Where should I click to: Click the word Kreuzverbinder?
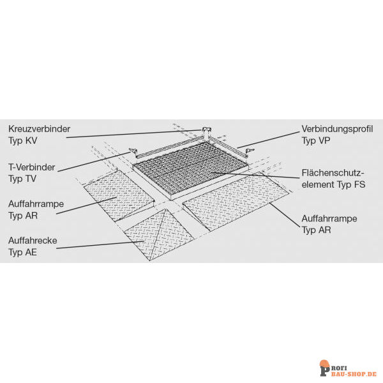(40, 129)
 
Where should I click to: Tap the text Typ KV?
(23, 140)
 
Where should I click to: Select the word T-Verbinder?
(32, 167)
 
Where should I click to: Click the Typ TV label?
(22, 179)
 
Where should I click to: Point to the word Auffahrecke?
(33, 241)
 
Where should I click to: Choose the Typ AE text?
(22, 252)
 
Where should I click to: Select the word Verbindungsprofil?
(337, 129)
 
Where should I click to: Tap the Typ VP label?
(316, 140)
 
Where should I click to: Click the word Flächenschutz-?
(333, 173)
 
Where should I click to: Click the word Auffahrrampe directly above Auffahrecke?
(36, 204)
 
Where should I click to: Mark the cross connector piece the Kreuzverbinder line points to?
(206, 131)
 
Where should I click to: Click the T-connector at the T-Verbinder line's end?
(133, 151)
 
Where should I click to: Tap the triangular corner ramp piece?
(159, 234)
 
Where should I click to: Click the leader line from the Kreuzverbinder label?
(133, 134)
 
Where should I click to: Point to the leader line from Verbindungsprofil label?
(268, 140)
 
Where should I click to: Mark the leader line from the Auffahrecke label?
(100, 244)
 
